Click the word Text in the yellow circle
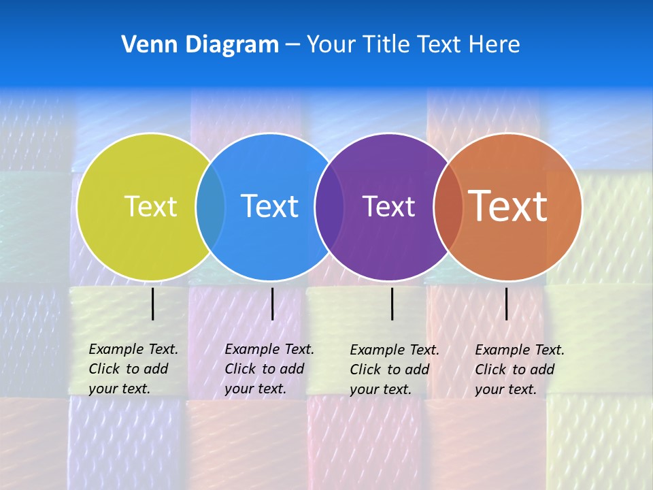coord(150,206)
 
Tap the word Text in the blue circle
coord(270,206)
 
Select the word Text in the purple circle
coord(388,206)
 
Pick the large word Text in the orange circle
coord(508,206)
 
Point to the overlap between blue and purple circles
coord(329,206)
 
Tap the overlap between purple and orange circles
coord(448,206)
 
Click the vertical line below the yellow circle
coord(153,304)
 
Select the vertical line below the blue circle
coord(272,304)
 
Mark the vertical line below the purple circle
coord(392,304)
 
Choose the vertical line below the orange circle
coord(506,304)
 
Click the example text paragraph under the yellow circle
coord(133,369)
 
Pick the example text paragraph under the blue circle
coord(269,369)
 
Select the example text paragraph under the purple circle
coord(394,370)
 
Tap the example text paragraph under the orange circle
coord(519,370)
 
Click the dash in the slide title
coord(292,45)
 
